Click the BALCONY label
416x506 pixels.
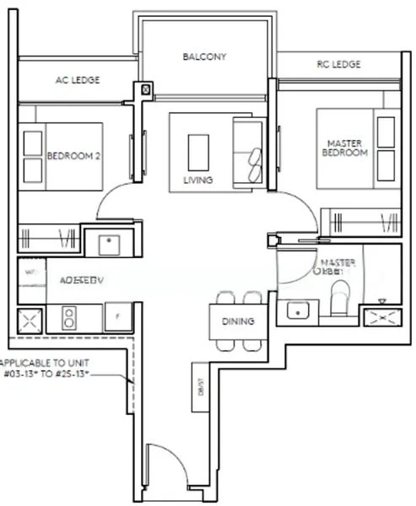(205, 57)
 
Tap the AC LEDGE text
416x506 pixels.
(78, 81)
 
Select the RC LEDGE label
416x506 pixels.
(338, 64)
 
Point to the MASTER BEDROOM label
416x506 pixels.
(345, 148)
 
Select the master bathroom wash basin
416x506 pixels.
(298, 310)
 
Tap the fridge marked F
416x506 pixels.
(116, 317)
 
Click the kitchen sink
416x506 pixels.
(111, 245)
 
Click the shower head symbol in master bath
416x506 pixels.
(381, 301)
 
